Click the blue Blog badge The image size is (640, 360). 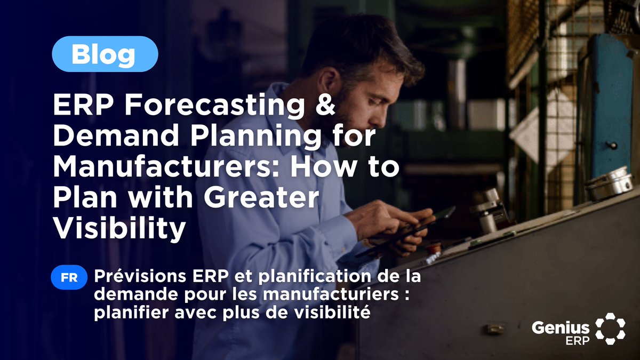105,54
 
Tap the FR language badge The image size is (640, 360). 69,278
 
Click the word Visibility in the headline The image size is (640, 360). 119,229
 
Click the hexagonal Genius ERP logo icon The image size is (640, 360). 610,327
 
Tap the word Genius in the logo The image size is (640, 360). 561,327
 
